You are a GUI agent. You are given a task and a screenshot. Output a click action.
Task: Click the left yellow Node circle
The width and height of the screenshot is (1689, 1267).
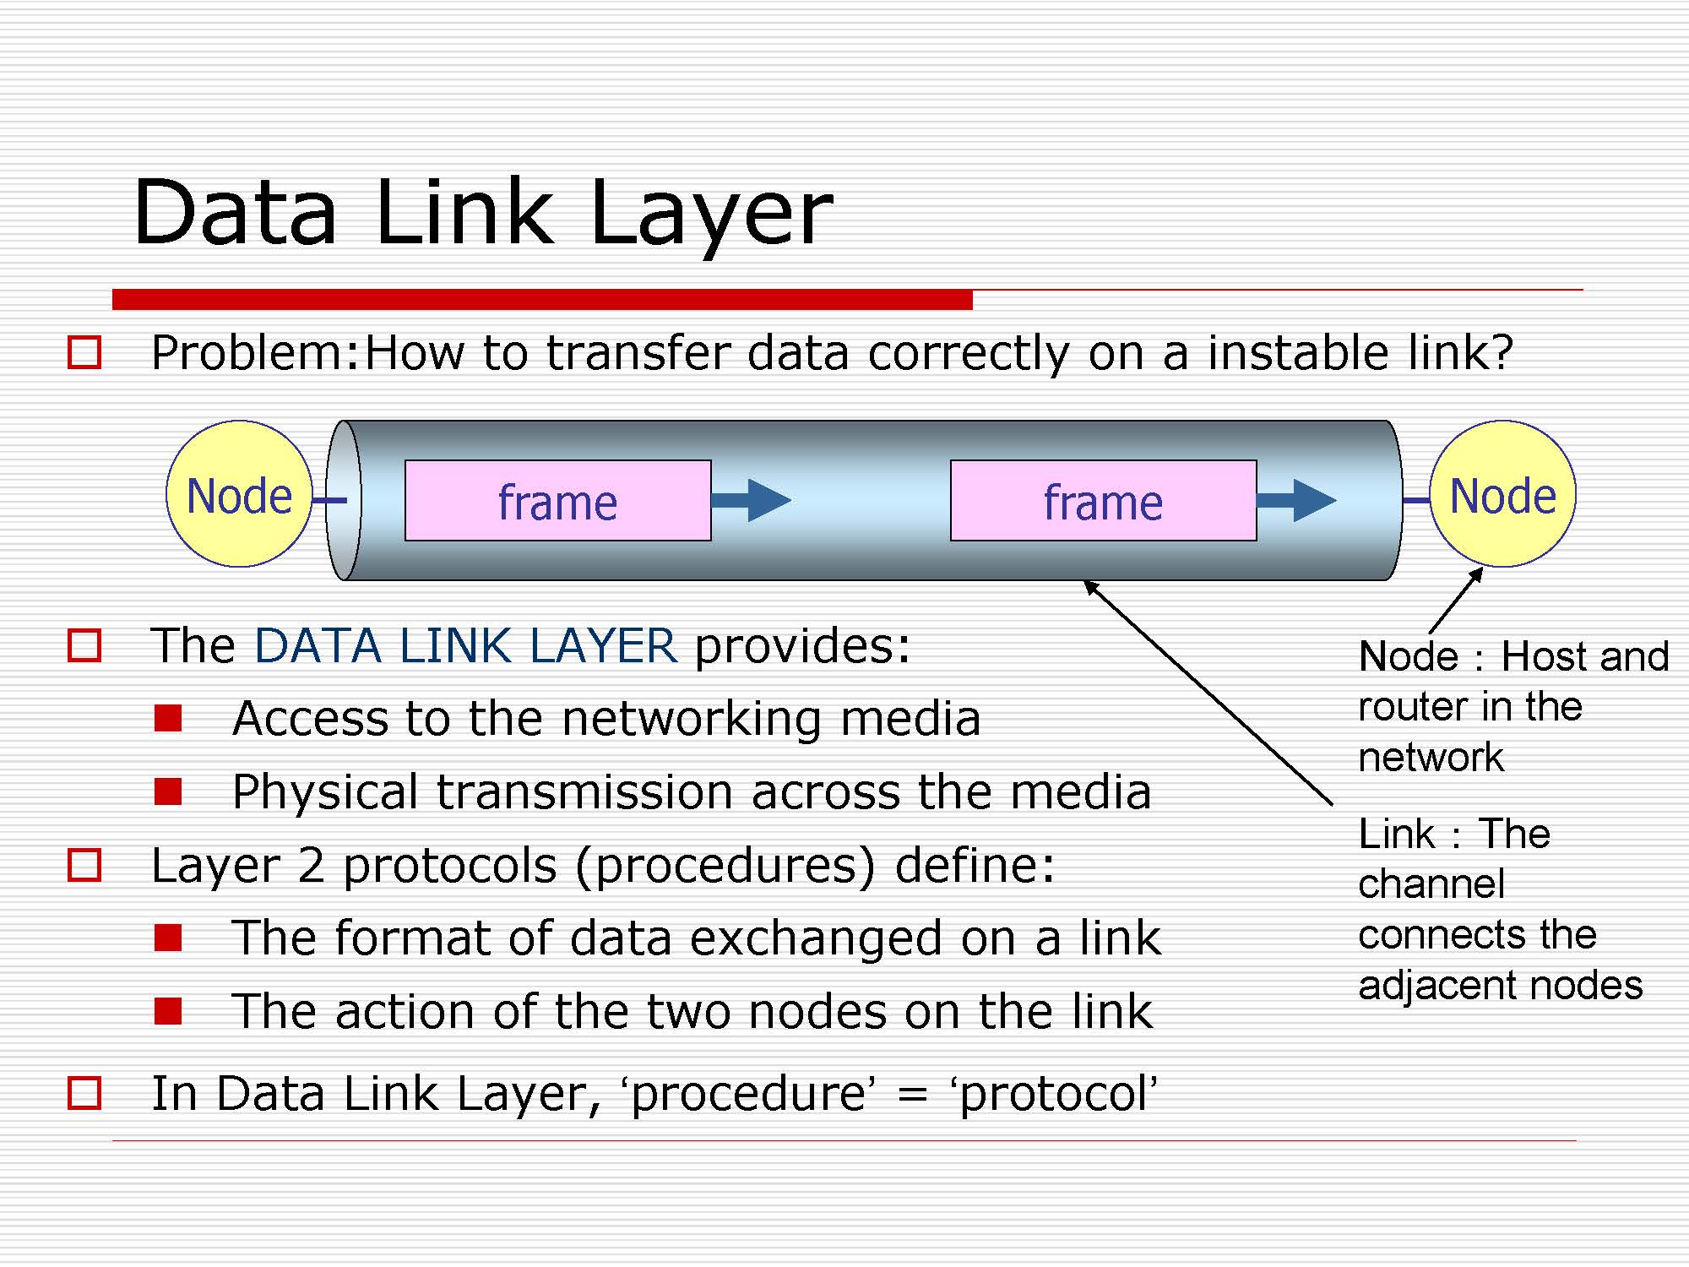coord(239,494)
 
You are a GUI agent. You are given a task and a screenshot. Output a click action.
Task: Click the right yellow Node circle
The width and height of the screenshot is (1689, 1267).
coord(1502,494)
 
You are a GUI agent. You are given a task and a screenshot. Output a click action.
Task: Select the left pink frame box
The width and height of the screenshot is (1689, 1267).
coord(557,501)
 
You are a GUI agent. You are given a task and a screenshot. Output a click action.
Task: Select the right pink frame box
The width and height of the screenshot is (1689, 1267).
coord(1103,501)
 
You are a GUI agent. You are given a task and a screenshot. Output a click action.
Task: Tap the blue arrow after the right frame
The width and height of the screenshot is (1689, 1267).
coord(1297,500)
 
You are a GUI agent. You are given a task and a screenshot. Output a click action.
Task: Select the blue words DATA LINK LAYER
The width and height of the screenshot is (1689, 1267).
coord(465,646)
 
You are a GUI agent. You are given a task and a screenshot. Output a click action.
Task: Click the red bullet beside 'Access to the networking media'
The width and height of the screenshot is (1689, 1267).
coord(168,718)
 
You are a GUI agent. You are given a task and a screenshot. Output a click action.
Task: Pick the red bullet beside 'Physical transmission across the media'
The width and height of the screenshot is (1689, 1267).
coord(168,791)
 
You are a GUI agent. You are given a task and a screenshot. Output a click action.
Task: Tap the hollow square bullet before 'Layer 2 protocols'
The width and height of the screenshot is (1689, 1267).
coord(84,866)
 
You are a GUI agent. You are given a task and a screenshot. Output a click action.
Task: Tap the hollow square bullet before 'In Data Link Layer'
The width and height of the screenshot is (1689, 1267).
coord(84,1093)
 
